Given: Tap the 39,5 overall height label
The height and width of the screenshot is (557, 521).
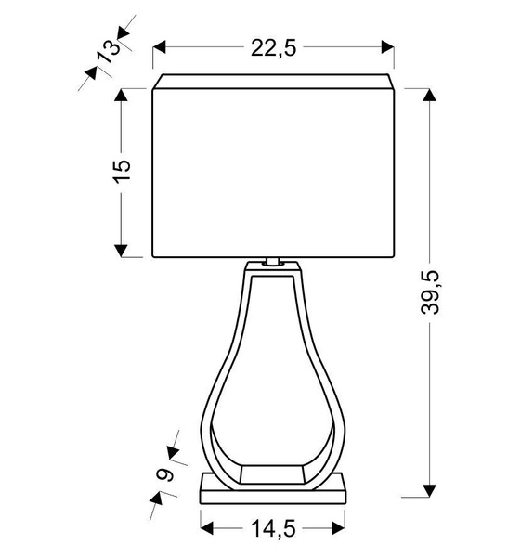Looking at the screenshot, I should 429,291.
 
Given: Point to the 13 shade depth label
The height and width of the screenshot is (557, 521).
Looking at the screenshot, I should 107,50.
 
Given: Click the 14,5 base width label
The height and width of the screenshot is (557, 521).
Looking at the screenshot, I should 272,528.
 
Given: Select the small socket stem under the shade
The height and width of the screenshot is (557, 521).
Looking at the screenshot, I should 273,262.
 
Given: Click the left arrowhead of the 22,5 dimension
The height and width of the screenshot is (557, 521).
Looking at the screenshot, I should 159,47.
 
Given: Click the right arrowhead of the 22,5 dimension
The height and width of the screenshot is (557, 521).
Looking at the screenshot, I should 386,47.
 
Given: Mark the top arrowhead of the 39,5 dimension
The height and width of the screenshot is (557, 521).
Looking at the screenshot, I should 429,97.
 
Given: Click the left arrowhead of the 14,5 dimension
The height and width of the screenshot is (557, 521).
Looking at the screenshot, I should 206,528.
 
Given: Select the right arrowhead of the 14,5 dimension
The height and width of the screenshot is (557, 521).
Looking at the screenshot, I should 339,528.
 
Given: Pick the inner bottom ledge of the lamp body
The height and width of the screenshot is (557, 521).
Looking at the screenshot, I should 272,472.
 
